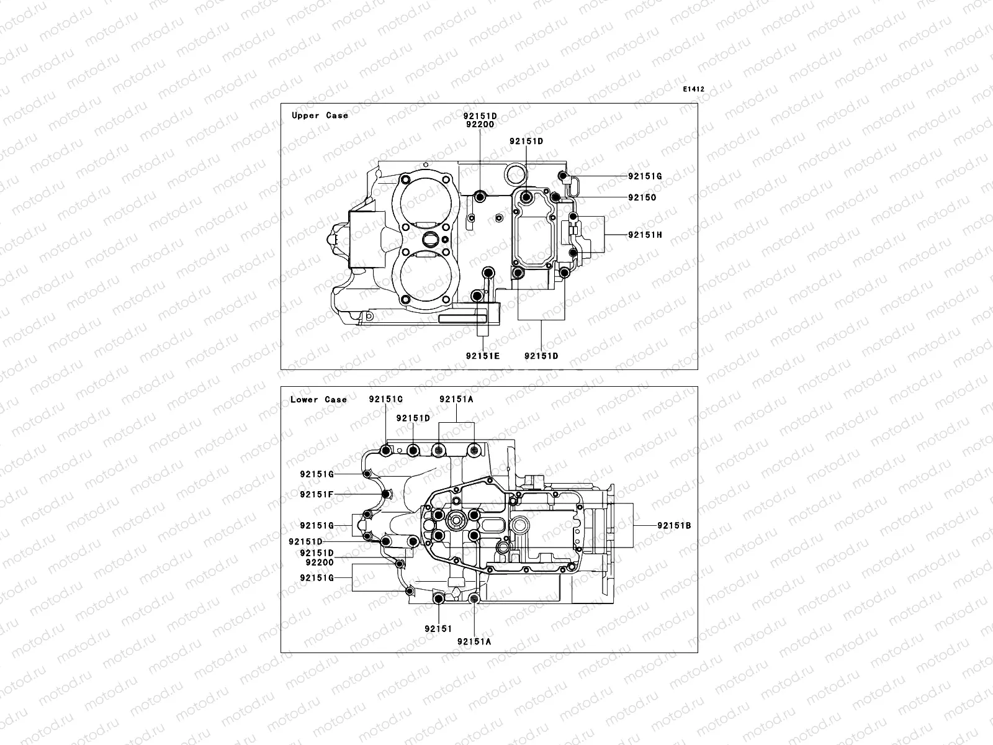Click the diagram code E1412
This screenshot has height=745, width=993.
click(694, 89)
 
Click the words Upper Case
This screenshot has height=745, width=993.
click(320, 115)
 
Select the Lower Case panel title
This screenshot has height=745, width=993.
click(318, 400)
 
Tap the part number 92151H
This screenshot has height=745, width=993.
click(645, 235)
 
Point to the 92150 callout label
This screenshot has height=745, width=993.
click(642, 197)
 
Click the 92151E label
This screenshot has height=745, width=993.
click(482, 356)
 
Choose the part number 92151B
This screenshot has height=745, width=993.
click(673, 526)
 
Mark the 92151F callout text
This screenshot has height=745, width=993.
click(317, 495)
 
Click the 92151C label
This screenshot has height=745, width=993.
click(386, 399)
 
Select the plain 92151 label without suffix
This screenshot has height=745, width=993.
click(438, 628)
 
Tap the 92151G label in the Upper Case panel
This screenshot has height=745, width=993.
click(645, 176)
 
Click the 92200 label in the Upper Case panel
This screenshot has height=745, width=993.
click(480, 124)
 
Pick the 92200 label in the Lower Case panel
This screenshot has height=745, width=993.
click(320, 562)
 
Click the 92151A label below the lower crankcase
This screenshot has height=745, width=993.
click(474, 642)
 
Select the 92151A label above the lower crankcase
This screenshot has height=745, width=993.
click(456, 400)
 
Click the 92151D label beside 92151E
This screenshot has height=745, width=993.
click(541, 356)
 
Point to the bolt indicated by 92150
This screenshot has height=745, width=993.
click(555, 197)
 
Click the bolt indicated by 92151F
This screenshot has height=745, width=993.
click(386, 495)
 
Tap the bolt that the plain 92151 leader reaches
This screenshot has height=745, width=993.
click(438, 598)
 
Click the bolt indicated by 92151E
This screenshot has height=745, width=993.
click(477, 296)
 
